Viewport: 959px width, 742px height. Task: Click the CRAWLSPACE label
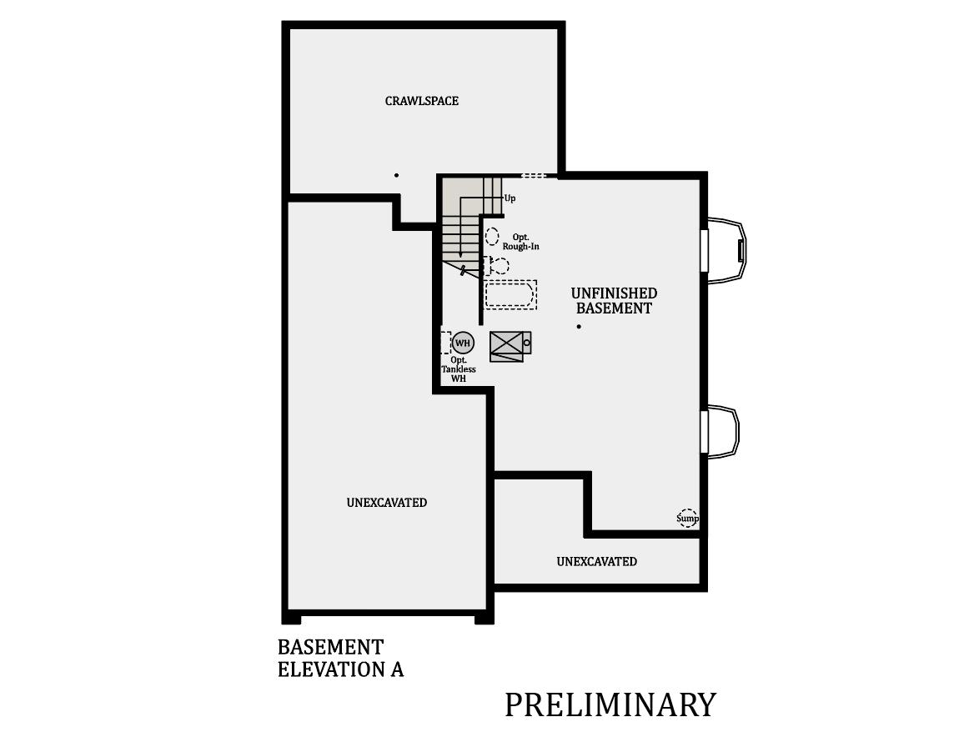coord(421,101)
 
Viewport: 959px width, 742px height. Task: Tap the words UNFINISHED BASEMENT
coord(614,301)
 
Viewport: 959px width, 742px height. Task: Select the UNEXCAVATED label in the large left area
coord(386,503)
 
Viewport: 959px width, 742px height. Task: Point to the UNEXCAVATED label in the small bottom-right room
coord(596,562)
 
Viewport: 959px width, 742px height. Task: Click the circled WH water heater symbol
coord(462,343)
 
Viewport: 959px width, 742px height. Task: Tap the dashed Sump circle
coord(687,518)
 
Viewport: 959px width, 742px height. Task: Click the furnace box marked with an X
coord(507,345)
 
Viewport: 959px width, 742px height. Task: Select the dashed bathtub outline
coord(510,294)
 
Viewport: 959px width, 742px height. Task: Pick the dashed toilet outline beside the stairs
coord(499,266)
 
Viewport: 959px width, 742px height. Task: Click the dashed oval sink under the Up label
coord(492,236)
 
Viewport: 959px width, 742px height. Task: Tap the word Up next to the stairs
coord(510,198)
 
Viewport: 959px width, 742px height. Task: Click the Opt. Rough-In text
coord(521,242)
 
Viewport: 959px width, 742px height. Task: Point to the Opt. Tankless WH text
coord(459,369)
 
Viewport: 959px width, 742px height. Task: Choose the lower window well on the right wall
coord(722,430)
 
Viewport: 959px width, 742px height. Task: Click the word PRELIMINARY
coord(610,704)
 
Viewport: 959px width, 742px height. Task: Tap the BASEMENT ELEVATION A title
coord(340,658)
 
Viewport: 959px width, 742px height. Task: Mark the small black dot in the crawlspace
coord(396,175)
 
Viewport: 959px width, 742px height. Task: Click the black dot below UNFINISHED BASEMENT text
coord(579,327)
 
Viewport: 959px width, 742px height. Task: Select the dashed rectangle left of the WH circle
coord(445,343)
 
